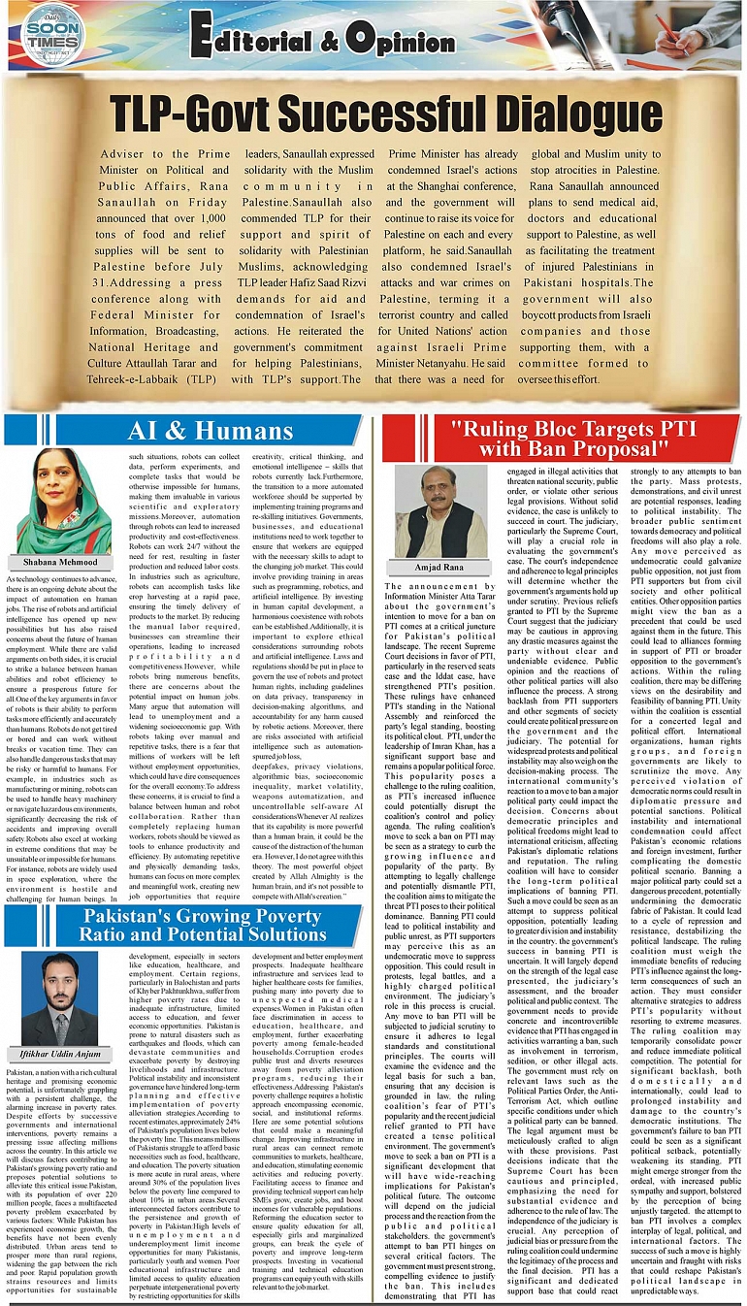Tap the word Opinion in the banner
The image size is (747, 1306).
[405, 41]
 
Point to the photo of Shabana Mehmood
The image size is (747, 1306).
[62, 501]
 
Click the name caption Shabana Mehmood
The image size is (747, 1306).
[62, 561]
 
